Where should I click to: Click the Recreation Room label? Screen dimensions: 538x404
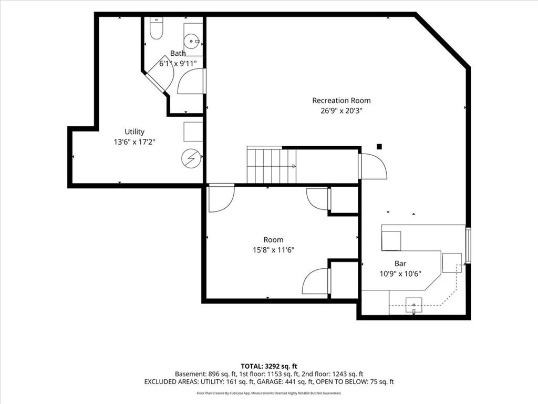(342, 100)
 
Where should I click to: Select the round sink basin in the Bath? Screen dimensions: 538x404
(190, 42)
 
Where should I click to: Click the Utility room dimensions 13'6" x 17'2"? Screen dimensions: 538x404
(134, 142)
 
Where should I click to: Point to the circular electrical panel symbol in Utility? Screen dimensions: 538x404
(191, 158)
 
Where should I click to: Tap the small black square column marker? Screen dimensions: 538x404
(379, 147)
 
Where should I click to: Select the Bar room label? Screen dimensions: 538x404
(400, 264)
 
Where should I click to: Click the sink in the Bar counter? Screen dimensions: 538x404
(414, 306)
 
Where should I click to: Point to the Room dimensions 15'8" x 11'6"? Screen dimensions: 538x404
(273, 250)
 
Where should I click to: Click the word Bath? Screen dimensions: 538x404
(178, 53)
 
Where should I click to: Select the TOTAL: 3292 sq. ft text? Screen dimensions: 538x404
(269, 366)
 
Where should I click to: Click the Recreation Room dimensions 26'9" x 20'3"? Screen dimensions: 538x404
(342, 111)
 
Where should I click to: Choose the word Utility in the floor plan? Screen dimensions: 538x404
(134, 132)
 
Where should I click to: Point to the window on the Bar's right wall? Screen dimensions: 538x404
(468, 245)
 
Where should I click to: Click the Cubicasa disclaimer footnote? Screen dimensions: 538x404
(269, 393)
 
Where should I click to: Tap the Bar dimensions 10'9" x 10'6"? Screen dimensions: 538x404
(400, 274)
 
